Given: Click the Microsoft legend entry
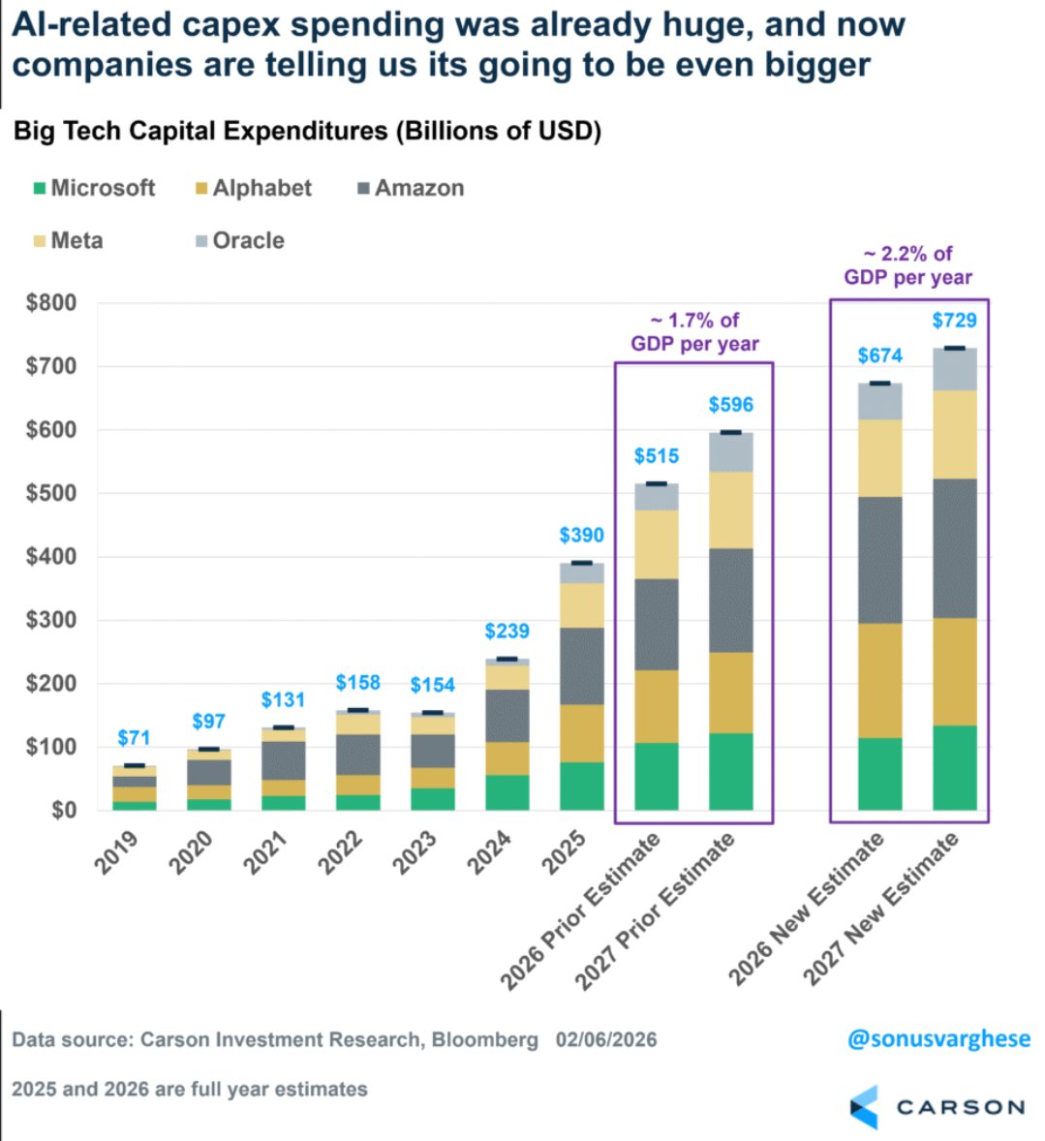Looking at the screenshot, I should tap(94, 188).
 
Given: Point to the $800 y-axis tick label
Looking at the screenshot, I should tap(51, 302).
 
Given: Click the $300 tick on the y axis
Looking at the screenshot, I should tap(51, 620).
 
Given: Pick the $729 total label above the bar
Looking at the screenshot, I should tap(954, 321).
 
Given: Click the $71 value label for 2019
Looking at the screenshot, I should tap(134, 738).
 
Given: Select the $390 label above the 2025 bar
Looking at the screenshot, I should tap(581, 536).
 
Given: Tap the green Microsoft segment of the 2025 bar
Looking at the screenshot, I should tap(581, 786).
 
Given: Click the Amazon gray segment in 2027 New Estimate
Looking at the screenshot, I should tap(954, 548).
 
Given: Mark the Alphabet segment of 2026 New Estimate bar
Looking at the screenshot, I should tap(879, 680).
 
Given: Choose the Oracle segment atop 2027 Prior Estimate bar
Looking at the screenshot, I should tap(730, 452).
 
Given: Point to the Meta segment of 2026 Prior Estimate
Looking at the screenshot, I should tap(656, 544).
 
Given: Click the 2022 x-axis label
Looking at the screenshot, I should tap(341, 852).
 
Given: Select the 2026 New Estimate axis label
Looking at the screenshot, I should tap(808, 909).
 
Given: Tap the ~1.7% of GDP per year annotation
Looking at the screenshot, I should tap(694, 332).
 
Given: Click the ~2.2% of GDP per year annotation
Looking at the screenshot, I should tap(907, 265).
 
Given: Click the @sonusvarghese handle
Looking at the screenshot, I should tap(938, 1039).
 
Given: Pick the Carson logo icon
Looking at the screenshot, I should tap(864, 1106).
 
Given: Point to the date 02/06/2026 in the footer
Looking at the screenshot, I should tap(606, 1040).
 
